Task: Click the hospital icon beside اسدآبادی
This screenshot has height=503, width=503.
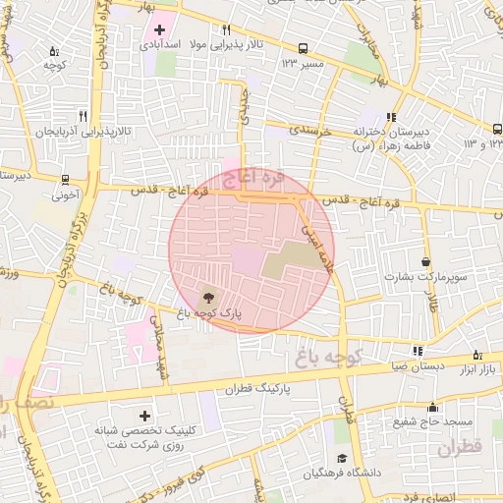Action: [159, 29]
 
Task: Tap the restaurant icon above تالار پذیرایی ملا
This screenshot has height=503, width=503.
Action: [226, 30]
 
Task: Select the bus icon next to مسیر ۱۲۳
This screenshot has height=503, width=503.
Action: [302, 47]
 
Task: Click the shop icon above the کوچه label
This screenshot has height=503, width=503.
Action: [53, 51]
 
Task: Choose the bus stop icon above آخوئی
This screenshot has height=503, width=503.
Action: [65, 180]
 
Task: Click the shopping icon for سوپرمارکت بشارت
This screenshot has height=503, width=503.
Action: [425, 262]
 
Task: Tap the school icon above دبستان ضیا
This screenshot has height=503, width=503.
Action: [418, 350]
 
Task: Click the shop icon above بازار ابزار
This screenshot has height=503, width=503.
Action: [478, 354]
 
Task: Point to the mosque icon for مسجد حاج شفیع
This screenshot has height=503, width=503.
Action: [432, 407]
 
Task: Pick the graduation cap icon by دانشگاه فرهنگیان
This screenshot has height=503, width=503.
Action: [341, 459]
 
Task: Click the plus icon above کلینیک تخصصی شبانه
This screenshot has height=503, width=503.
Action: [145, 417]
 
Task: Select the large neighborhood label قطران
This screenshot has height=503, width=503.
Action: [458, 448]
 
